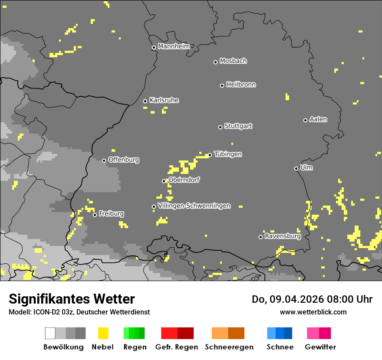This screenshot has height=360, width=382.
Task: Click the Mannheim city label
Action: click(x=174, y=46)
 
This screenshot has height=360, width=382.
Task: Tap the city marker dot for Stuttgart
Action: click(x=220, y=127)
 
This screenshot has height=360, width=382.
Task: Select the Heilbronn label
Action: click(x=241, y=85)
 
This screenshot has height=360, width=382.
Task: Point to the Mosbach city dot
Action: click(x=215, y=62)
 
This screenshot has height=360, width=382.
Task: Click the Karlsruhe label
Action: click(x=164, y=100)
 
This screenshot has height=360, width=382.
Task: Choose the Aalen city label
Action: click(x=318, y=119)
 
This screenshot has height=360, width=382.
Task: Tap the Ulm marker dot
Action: click(x=296, y=168)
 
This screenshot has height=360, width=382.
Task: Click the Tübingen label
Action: click(x=228, y=154)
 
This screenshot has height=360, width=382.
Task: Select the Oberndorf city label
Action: click(x=184, y=180)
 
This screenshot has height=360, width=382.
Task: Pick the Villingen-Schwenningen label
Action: click(x=194, y=206)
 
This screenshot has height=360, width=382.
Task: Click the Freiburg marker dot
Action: click(x=95, y=215)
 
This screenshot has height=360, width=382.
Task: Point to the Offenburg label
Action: click(x=124, y=160)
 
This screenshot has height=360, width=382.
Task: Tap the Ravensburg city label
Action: click(x=283, y=236)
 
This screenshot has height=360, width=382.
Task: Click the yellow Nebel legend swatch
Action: click(x=103, y=333)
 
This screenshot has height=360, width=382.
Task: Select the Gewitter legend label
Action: click(x=320, y=347)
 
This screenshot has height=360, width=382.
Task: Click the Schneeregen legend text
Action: click(x=229, y=347)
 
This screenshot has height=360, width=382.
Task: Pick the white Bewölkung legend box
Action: click(x=50, y=333)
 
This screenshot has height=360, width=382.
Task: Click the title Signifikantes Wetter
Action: click(x=72, y=299)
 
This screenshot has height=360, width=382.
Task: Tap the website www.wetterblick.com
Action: click(x=313, y=312)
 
